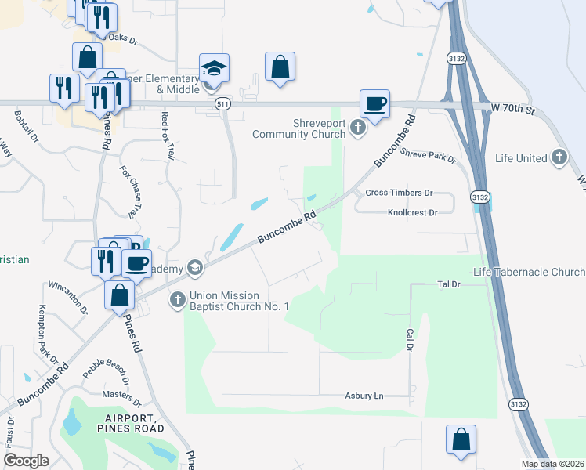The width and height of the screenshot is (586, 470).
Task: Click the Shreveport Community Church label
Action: point(298,128)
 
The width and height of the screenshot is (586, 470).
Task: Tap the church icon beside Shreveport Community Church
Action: point(358,128)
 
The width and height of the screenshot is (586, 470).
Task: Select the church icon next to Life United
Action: point(559,158)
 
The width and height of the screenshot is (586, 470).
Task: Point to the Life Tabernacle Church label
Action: point(529,272)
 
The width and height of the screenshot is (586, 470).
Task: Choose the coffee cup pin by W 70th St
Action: point(374,104)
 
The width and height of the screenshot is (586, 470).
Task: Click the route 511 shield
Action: point(223,103)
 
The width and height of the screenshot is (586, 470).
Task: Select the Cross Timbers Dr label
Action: point(399,193)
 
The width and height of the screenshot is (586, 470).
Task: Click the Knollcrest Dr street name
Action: point(411,212)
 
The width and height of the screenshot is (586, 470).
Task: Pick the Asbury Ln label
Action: point(364,396)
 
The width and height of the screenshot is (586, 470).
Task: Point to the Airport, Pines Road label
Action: point(131,423)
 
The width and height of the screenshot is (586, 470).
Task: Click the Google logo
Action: point(26,461)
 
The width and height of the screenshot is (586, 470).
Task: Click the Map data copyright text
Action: point(553,464)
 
